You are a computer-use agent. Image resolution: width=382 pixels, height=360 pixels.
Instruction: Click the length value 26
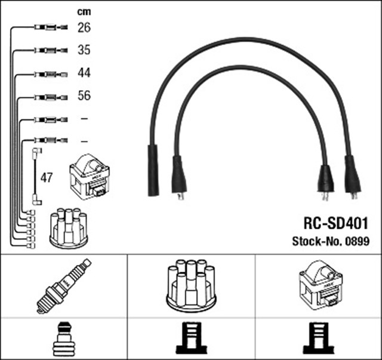point(84,27)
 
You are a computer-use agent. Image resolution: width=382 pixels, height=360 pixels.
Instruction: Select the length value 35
point(84,50)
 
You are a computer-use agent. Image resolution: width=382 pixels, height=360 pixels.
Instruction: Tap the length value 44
point(84,73)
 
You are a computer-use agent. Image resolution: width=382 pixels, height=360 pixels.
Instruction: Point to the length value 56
point(84,96)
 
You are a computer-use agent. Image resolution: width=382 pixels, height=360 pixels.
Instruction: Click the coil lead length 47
point(47,177)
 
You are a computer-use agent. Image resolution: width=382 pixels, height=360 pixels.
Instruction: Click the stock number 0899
point(357,241)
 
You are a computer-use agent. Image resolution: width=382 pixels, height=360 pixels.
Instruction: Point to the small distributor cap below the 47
point(69,228)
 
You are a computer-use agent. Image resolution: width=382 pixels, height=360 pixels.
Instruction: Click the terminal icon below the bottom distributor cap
point(190,339)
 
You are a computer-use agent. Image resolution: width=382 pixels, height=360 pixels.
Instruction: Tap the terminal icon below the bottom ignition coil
point(318,339)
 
